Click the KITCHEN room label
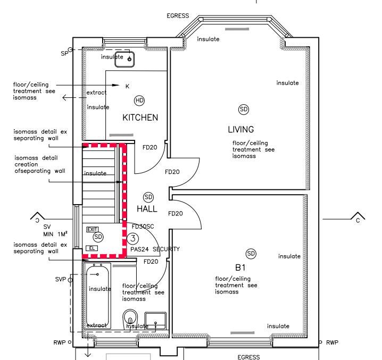coord(140,118)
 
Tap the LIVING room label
coord(240,129)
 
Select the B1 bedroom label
coord(240,267)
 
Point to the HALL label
coord(147,209)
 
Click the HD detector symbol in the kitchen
coord(139,101)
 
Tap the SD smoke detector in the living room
coord(244,110)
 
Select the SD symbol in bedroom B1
coord(251,254)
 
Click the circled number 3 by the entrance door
coord(133,238)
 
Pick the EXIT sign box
coord(93,229)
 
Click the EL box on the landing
coord(92,248)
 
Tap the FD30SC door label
coord(143,227)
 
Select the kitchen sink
coord(124,59)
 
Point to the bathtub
coord(97,296)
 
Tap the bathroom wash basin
coord(155,321)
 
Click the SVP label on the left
coord(61,279)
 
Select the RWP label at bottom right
coord(332,342)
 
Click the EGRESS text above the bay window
coord(178,16)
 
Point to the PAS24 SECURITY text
coord(155,249)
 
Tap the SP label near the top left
coord(64,53)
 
